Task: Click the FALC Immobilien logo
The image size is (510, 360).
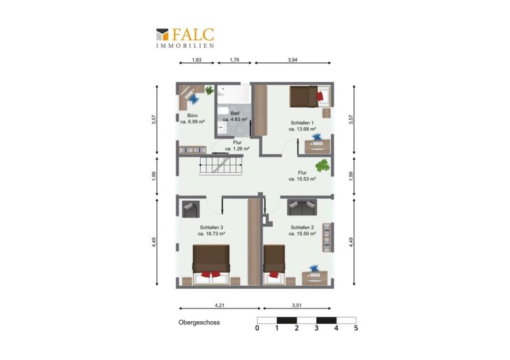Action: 185,38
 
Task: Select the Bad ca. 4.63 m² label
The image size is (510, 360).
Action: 235,117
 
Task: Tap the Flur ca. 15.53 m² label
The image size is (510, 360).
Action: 302,176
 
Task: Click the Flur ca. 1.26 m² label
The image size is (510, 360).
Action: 237,146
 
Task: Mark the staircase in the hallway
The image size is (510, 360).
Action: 221,165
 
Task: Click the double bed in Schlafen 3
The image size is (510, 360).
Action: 211,265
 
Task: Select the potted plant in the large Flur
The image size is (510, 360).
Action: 323,166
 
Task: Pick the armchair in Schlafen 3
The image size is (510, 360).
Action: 191,209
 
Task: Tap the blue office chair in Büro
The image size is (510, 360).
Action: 194,99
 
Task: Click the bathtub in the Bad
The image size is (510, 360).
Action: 233,95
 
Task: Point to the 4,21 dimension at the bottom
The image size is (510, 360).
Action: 219,305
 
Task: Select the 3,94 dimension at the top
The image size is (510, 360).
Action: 293,60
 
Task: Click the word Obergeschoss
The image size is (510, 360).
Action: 199,322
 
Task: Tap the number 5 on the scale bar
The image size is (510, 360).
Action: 356,328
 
